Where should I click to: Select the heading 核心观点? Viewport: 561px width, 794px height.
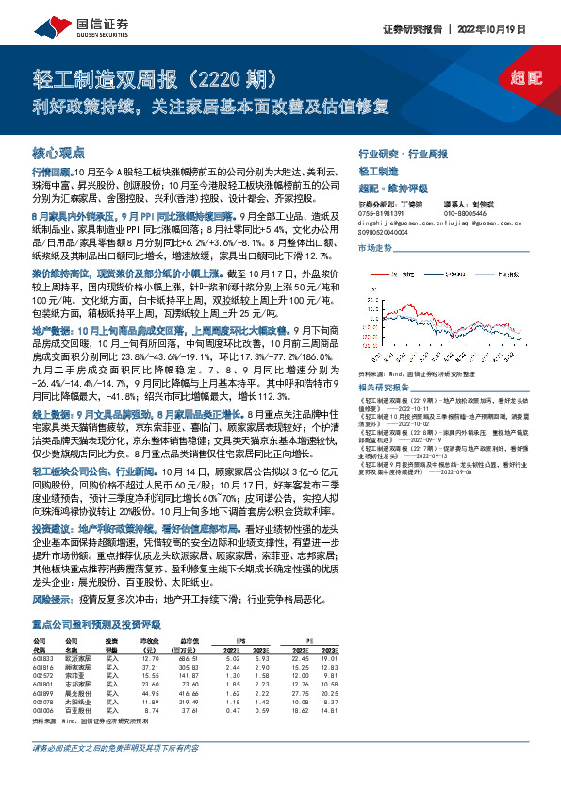pos(58,153)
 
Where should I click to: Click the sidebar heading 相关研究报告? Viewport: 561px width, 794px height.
pos(388,387)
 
